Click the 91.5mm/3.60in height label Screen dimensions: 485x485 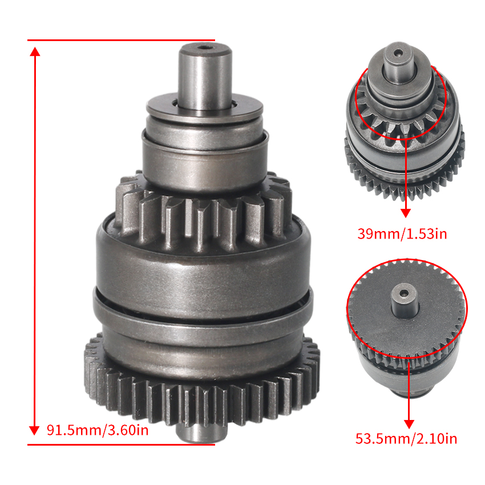pyautogui.click(x=97, y=430)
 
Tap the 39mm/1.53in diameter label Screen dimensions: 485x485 pyautogui.click(x=402, y=234)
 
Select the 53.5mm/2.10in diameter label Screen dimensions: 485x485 pyautogui.click(x=406, y=439)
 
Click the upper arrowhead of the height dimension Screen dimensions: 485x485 pyautogui.click(x=35, y=51)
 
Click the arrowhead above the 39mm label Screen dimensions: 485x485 pyautogui.click(x=406, y=212)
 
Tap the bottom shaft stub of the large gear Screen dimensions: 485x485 pyautogui.click(x=203, y=434)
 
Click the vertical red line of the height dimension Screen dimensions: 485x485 pyautogui.click(x=35, y=240)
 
